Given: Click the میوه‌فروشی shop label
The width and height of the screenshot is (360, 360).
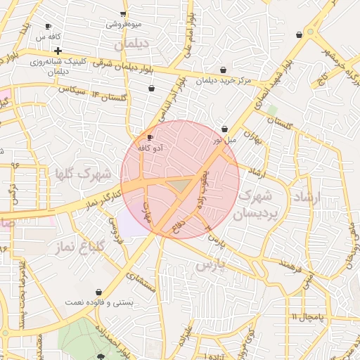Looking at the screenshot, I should [x=124, y=25].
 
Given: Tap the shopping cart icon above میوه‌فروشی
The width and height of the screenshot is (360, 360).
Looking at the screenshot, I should [x=124, y=13].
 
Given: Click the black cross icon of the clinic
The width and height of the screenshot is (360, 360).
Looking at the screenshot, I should [x=58, y=51].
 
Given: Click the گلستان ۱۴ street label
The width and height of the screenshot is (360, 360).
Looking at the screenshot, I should [x=102, y=94].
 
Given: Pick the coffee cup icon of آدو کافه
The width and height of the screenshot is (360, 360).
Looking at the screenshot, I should [x=150, y=137].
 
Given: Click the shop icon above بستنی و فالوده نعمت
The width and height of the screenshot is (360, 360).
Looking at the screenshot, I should [x=100, y=291].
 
